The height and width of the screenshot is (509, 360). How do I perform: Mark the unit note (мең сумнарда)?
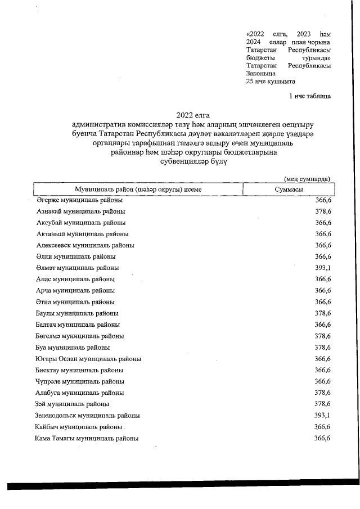point(307,178)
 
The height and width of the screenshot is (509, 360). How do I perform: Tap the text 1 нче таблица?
point(309,96)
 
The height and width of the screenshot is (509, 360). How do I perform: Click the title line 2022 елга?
point(188,115)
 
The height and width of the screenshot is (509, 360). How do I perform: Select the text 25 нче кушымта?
point(271,81)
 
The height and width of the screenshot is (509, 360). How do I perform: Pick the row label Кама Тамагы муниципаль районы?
point(86,438)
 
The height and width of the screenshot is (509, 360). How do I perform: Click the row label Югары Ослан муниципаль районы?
point(88,358)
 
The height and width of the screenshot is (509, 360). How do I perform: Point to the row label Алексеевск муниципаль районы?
point(85,245)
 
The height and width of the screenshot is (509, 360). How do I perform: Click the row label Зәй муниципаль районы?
point(73,404)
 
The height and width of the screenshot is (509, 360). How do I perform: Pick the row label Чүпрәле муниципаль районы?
point(80,381)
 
